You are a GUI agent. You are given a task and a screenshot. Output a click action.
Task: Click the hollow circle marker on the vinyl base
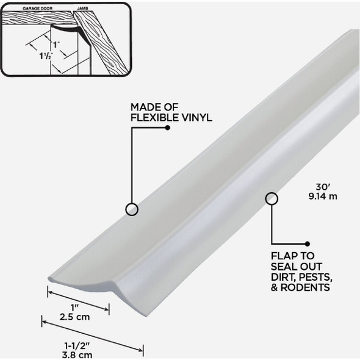131,209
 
